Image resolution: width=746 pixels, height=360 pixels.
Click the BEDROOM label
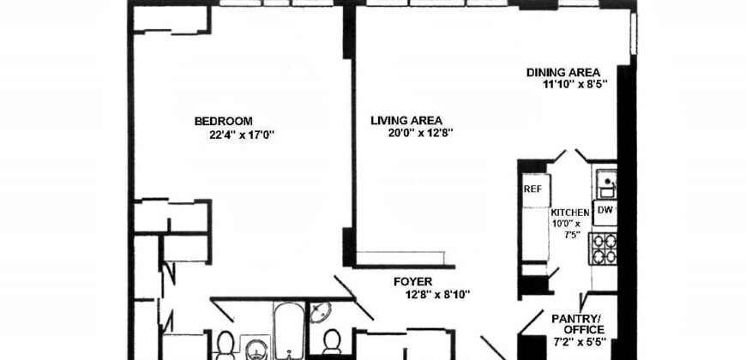pyautogui.click(x=223, y=121)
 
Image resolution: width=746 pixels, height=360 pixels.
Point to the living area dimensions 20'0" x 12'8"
pyautogui.click(x=418, y=133)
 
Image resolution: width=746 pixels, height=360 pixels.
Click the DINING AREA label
pyautogui.click(x=563, y=72)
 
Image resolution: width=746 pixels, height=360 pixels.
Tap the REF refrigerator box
pyautogui.click(x=532, y=189)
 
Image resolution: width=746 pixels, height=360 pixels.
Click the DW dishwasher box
pyautogui.click(x=605, y=209)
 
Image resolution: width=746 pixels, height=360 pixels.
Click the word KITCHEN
pyautogui.click(x=570, y=213)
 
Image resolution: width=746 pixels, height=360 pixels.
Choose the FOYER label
pyautogui.click(x=413, y=281)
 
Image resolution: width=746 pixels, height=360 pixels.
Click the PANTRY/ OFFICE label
pyautogui.click(x=579, y=323)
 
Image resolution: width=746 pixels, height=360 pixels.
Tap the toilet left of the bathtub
pyautogui.click(x=226, y=345)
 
